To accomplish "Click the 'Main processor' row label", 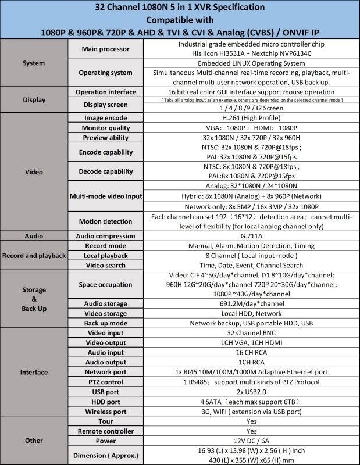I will pos(106,48).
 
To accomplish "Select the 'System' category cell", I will pos(34,63).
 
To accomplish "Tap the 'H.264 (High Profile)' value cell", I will pos(251,117).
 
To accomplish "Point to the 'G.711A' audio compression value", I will pos(251,237).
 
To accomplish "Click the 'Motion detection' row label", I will pos(106,221).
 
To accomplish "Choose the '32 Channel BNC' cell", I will pos(251,333).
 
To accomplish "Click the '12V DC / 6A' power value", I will pos(251,441).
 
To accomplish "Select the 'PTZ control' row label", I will pos(106,382).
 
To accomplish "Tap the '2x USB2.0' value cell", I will pos(251,392).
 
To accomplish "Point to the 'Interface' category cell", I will pos(34,372).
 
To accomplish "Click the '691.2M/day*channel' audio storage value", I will pos(251,303).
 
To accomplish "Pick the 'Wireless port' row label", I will pos(106,412).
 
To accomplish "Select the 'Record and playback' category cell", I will pos(34,256).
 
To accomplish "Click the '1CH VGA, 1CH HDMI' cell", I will pos(251,343).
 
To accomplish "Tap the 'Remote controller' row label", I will pos(106,431).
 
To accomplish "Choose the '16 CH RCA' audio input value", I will pos(251,353).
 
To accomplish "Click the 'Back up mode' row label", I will pos(106,323).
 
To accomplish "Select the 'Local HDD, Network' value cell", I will pos(251,313).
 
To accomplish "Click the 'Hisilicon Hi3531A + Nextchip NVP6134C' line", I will pos(251,53).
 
